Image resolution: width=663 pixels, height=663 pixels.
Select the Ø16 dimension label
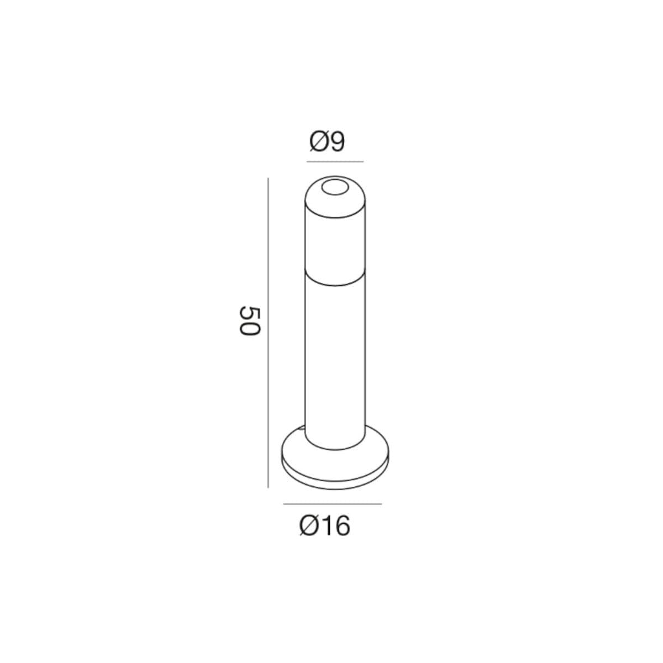tap(325, 526)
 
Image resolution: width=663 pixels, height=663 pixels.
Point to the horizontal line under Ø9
tap(335, 161)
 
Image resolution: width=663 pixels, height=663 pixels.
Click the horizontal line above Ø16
tap(333, 504)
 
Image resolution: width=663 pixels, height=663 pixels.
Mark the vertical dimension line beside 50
tap(268, 333)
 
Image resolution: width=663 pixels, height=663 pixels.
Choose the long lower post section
tap(335, 361)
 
